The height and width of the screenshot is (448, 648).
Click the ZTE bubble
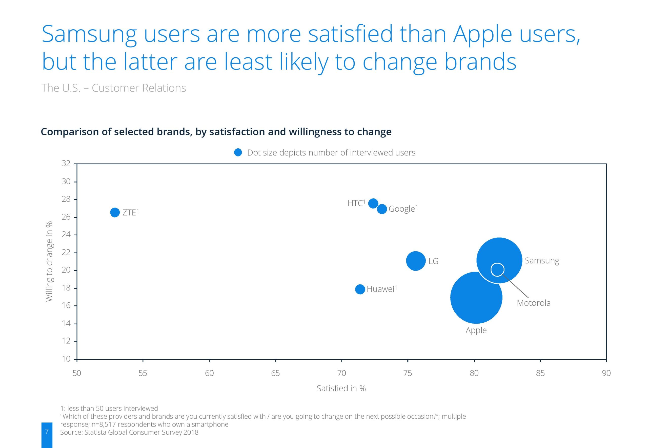(x=115, y=212)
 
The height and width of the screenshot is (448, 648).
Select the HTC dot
(x=373, y=203)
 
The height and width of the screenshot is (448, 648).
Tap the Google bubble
(x=382, y=209)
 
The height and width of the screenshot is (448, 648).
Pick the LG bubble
(x=416, y=261)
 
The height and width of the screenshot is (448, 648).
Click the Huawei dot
(x=360, y=289)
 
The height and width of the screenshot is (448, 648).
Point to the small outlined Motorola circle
(x=497, y=270)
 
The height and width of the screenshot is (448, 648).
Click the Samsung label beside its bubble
(x=542, y=260)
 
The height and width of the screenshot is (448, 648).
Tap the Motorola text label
(x=533, y=303)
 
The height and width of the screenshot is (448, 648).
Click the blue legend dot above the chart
(x=238, y=152)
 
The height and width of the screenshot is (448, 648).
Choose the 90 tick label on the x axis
(x=606, y=373)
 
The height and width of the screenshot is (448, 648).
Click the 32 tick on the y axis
(x=66, y=163)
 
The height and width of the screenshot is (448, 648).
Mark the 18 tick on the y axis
(x=66, y=288)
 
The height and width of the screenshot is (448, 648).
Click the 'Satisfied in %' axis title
(x=341, y=388)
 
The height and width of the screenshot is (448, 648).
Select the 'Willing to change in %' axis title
(x=49, y=261)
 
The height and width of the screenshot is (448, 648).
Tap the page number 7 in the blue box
(x=47, y=431)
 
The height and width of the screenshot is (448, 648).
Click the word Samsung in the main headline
(x=89, y=34)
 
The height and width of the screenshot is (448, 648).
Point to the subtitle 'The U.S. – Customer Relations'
(x=113, y=88)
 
